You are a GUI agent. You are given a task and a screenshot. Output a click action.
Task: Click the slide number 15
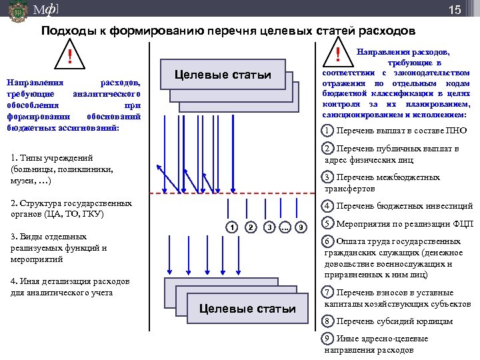[x=455, y=10]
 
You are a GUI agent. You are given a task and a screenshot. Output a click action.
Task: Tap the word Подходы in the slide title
[x=66, y=31]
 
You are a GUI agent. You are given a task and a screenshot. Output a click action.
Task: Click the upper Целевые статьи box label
[x=223, y=75]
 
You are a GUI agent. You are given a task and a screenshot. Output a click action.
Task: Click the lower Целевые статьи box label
[x=247, y=309]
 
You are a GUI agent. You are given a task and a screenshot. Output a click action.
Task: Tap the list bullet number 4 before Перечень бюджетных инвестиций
[x=327, y=206]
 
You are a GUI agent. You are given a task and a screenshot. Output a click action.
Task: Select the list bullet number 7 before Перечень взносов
[x=327, y=292]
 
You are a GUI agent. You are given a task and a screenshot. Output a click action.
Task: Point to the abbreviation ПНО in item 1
[x=457, y=130]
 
